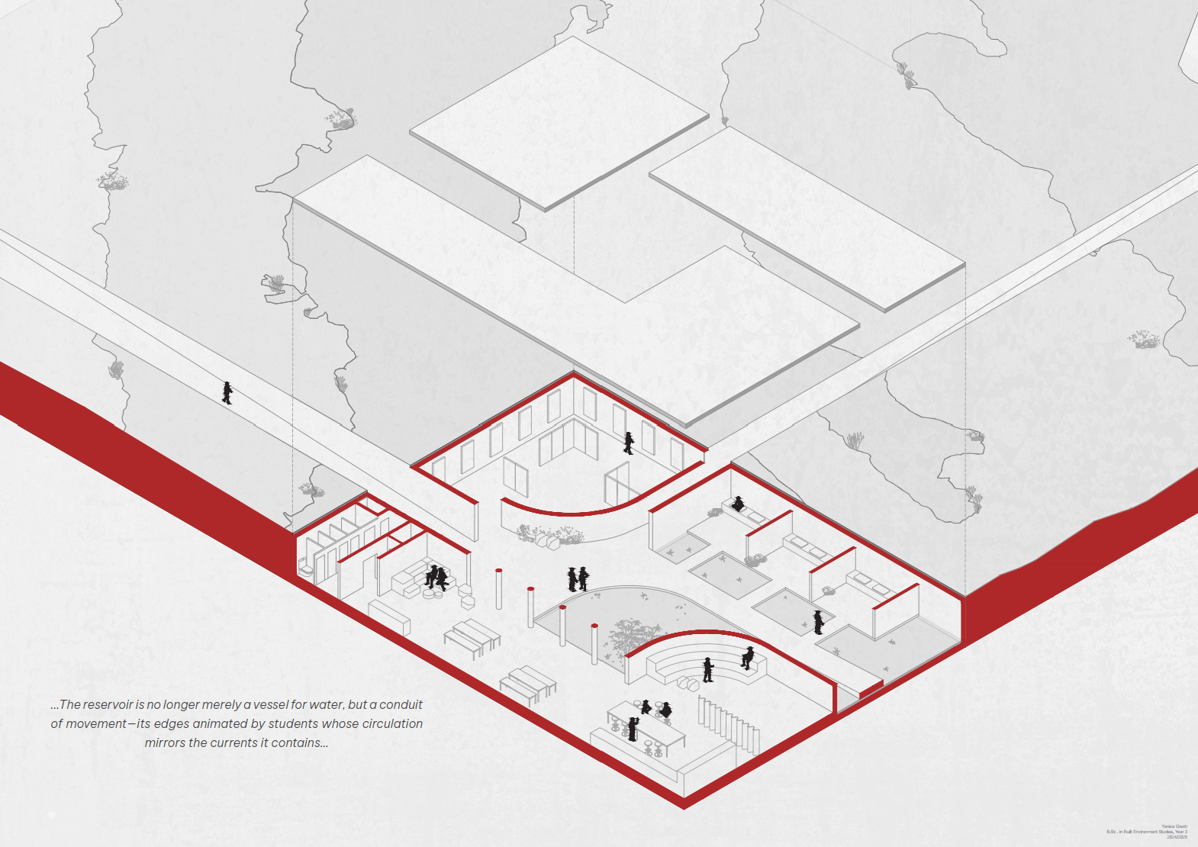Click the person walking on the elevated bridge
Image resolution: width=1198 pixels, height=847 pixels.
click(227, 392)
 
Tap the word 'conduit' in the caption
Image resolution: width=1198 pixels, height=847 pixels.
click(401, 704)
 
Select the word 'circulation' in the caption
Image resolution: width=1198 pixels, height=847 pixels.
click(392, 723)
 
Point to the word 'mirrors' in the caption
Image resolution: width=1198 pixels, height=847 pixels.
click(165, 742)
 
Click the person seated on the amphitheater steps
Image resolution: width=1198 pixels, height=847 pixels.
click(748, 658)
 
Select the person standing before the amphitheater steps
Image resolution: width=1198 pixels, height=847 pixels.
click(707, 669)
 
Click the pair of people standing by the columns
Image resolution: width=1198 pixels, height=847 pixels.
click(578, 579)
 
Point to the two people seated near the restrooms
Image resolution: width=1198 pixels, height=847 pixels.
click(436, 577)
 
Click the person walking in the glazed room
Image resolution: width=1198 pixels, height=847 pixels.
click(629, 443)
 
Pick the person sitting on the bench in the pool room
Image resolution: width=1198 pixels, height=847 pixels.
click(738, 504)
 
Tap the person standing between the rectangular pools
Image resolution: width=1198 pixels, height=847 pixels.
click(818, 622)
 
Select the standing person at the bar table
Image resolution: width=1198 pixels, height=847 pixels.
click(632, 729)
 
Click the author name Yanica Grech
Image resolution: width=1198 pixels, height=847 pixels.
click(1174, 826)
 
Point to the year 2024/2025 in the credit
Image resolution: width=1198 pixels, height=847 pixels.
click(1177, 837)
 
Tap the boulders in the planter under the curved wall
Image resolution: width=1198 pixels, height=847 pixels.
click(547, 540)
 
